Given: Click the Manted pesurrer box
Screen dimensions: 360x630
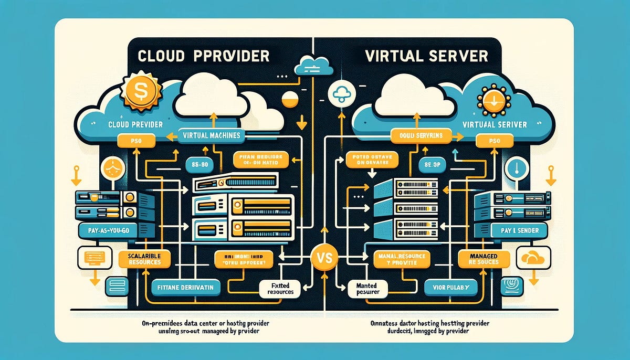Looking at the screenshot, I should point(367,287).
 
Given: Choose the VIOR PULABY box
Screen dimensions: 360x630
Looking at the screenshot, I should point(450,287).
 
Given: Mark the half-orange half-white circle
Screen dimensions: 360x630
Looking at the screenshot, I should point(290,100).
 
